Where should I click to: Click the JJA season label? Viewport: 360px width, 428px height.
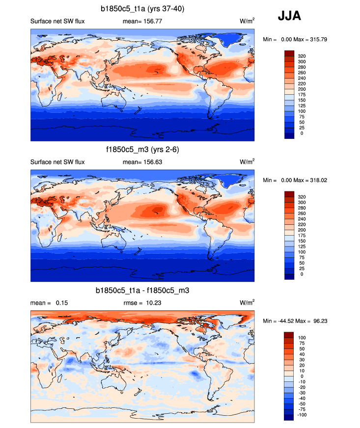[289, 16]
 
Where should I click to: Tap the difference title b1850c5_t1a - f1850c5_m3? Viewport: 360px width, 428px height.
[142, 291]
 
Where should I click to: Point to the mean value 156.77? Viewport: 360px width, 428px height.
[151, 22]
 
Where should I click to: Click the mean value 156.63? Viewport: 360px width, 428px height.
[151, 162]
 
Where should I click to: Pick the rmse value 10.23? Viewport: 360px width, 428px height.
[152, 303]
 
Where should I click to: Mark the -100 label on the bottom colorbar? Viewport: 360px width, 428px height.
[301, 415]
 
